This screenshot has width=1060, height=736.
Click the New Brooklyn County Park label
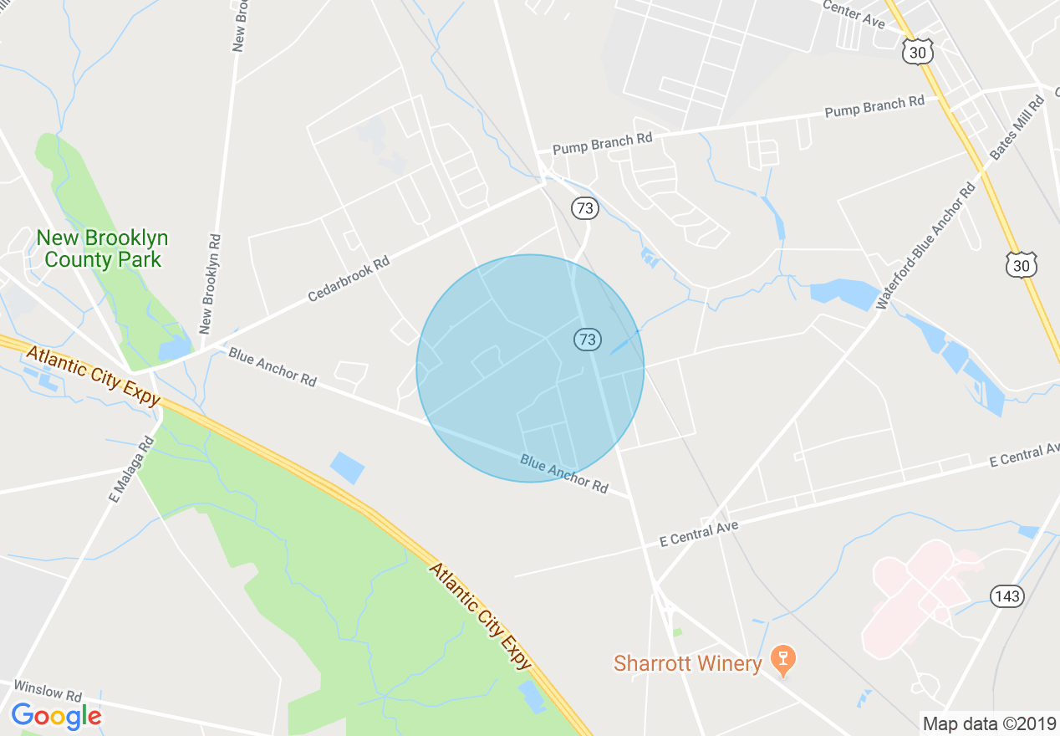102,248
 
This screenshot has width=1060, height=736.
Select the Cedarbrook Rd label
349,279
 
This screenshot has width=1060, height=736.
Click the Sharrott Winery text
687,664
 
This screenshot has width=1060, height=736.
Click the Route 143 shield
1006,595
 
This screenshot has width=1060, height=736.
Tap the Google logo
56,716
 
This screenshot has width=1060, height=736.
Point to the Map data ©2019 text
989,723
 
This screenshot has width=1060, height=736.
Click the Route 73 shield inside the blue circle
588,339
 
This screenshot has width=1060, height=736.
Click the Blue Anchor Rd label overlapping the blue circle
563,473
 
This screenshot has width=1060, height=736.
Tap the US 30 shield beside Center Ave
918,53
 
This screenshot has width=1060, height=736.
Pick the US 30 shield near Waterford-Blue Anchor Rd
1022,265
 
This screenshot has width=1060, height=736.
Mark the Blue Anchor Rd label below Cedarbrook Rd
273,366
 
